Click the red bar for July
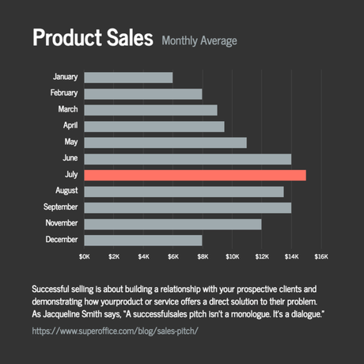click(195, 175)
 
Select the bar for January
click(128, 78)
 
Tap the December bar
click(143, 240)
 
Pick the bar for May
click(165, 142)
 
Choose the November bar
click(173, 224)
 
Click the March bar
click(150, 110)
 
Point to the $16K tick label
click(320, 256)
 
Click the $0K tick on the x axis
click(85, 256)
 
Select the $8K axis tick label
click(203, 256)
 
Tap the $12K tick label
click(261, 256)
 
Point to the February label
click(63, 93)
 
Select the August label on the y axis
click(66, 191)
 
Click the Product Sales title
click(92, 38)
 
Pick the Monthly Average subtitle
click(199, 40)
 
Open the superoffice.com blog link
click(115, 330)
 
